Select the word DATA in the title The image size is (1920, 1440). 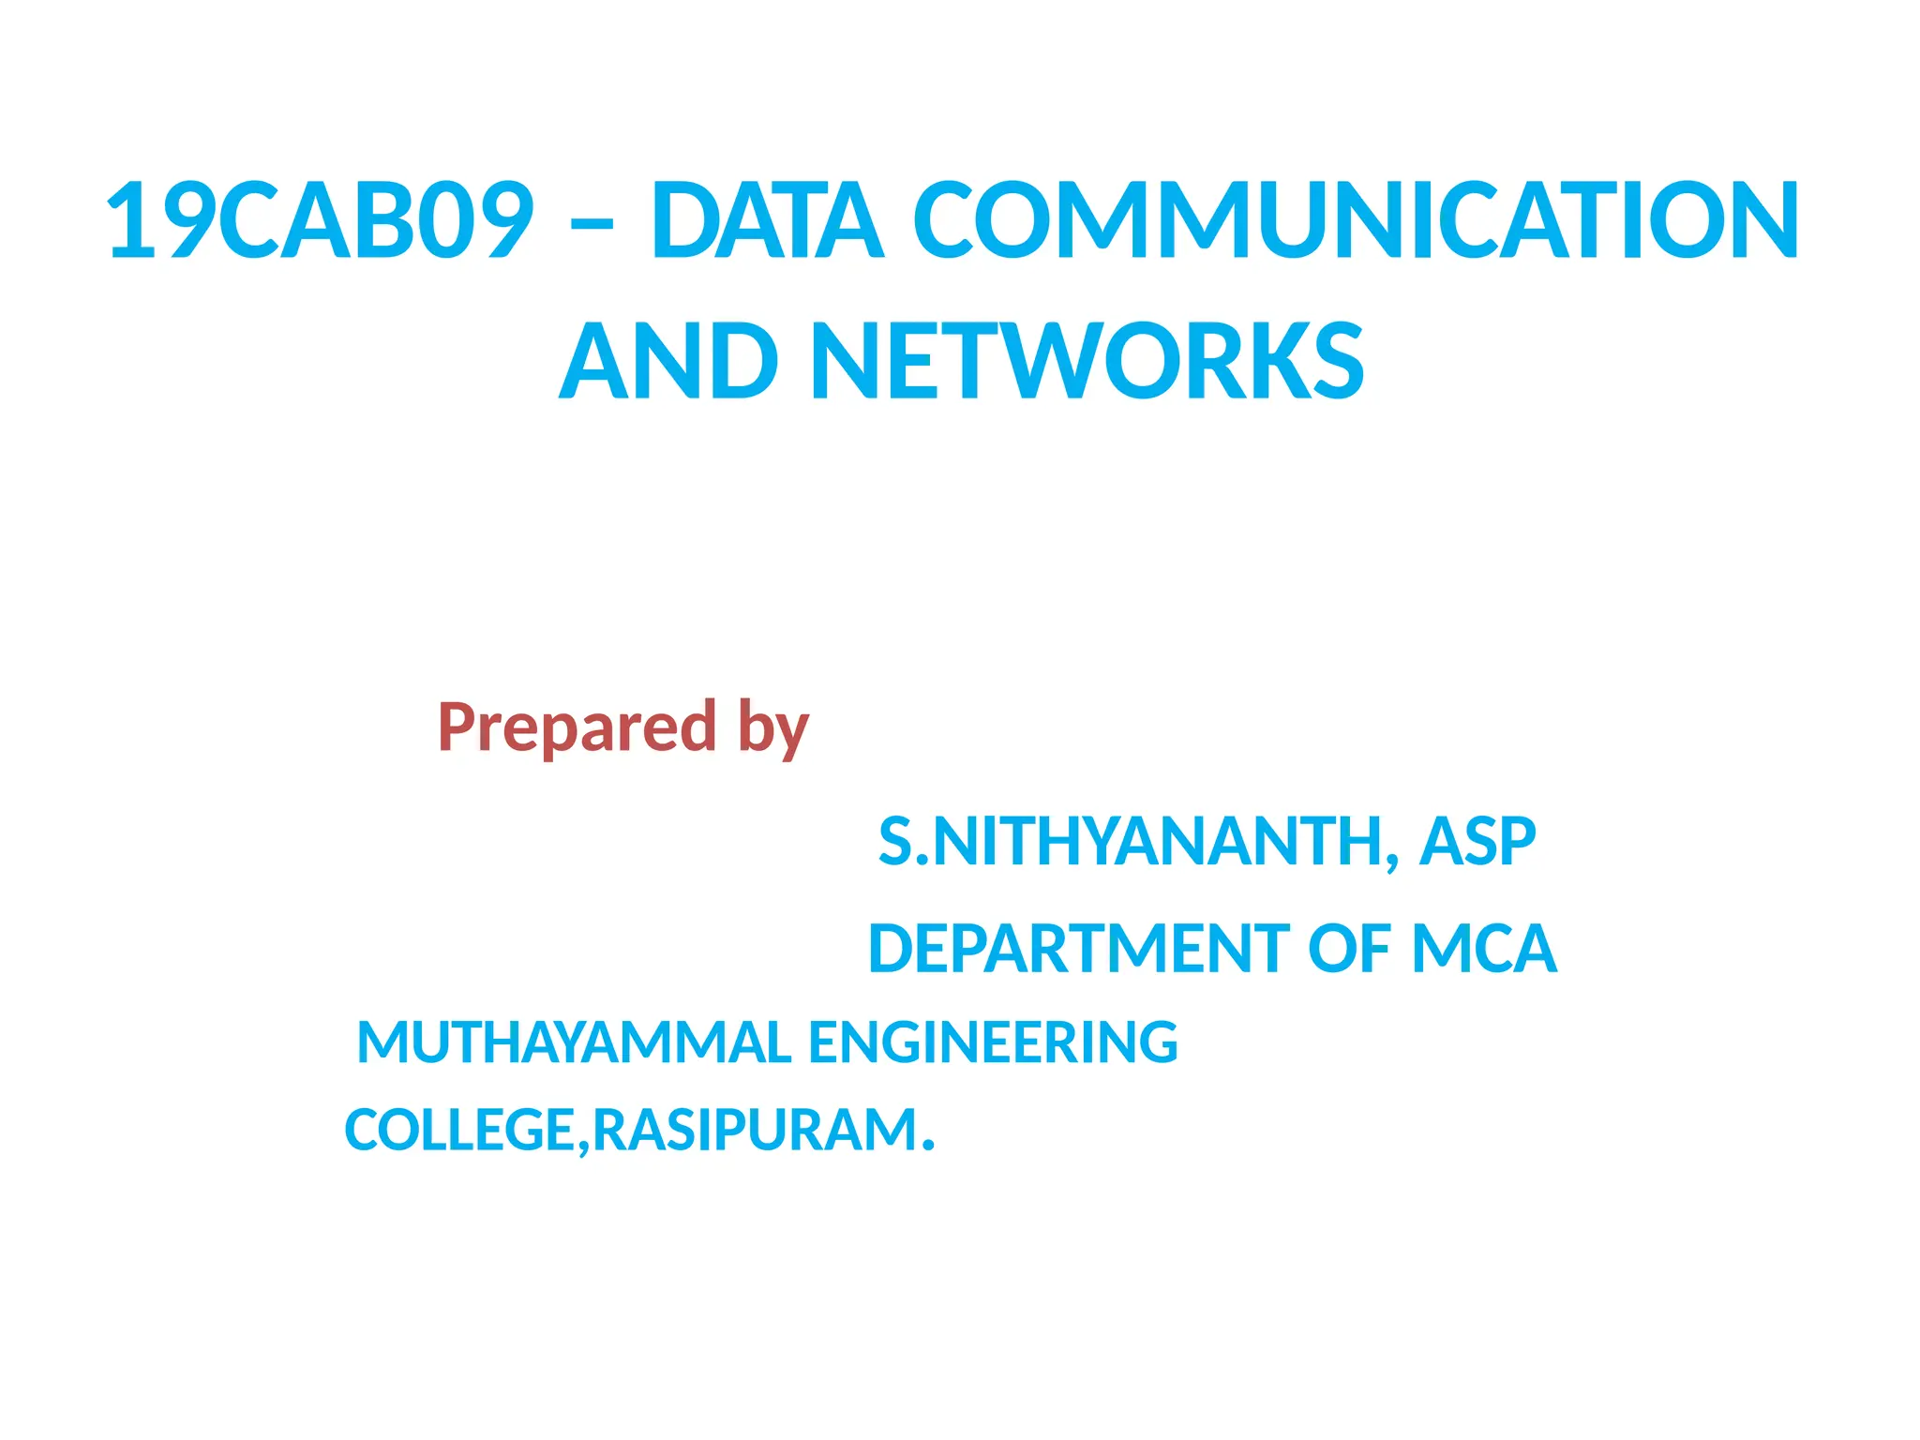[x=767, y=220]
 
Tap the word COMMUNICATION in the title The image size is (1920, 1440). [x=1356, y=220]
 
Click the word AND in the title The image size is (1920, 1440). [x=667, y=362]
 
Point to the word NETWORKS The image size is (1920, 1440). [x=1086, y=362]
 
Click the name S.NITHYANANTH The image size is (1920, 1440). [x=1130, y=841]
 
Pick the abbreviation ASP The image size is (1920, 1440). [x=1477, y=841]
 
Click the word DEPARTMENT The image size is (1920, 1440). [x=1079, y=949]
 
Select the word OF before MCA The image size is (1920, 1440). [x=1349, y=949]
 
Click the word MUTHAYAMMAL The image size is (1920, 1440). [x=574, y=1042]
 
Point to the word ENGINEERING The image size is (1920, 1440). [x=993, y=1042]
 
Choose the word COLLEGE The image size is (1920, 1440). [x=459, y=1130]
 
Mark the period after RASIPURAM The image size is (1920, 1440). [x=928, y=1146]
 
